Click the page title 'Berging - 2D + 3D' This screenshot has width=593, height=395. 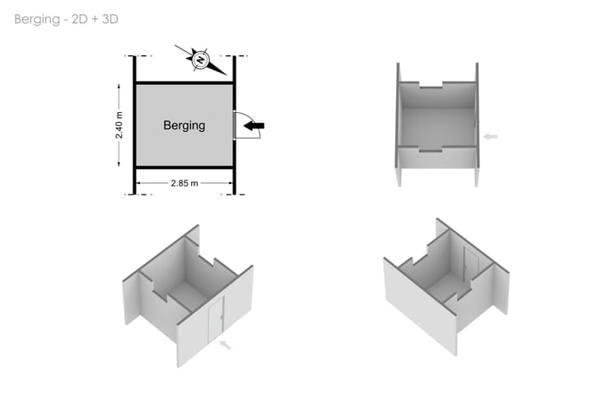pos(66,19)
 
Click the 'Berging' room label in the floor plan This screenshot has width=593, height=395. pos(184,125)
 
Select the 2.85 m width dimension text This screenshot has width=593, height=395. pos(184,183)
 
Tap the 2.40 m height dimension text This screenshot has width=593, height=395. pos(119,125)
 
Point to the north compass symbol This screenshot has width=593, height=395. pos(200,60)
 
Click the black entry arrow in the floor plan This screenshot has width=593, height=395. pos(254,125)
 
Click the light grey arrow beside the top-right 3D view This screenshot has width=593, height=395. pos(491,136)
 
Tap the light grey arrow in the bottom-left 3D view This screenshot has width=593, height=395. pos(226,345)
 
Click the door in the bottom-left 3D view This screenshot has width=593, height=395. pos(216,320)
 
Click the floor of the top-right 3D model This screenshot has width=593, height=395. pos(437,127)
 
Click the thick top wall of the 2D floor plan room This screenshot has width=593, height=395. pos(184,82)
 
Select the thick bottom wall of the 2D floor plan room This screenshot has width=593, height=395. pos(184,167)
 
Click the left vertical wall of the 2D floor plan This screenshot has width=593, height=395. pos(134,125)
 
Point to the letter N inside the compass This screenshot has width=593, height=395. pos(200,60)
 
